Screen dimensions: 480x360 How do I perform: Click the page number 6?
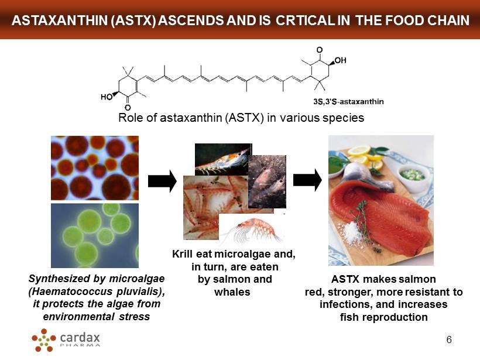(449, 340)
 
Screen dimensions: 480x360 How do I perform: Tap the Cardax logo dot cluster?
(44, 340)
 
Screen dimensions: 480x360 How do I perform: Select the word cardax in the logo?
(80, 337)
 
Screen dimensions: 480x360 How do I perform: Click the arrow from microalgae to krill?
(162, 181)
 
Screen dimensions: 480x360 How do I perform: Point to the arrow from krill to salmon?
(307, 180)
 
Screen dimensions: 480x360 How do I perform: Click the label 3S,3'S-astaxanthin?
(348, 101)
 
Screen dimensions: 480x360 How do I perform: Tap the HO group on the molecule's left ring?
(106, 97)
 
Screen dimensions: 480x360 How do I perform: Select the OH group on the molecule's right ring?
(340, 60)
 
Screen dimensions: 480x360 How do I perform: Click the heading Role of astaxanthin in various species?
(241, 118)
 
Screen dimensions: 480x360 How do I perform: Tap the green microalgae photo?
(95, 235)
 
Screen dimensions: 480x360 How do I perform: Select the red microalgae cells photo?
(95, 168)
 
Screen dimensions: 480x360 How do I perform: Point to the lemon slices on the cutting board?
(365, 157)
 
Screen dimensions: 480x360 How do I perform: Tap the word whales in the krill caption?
(232, 292)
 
